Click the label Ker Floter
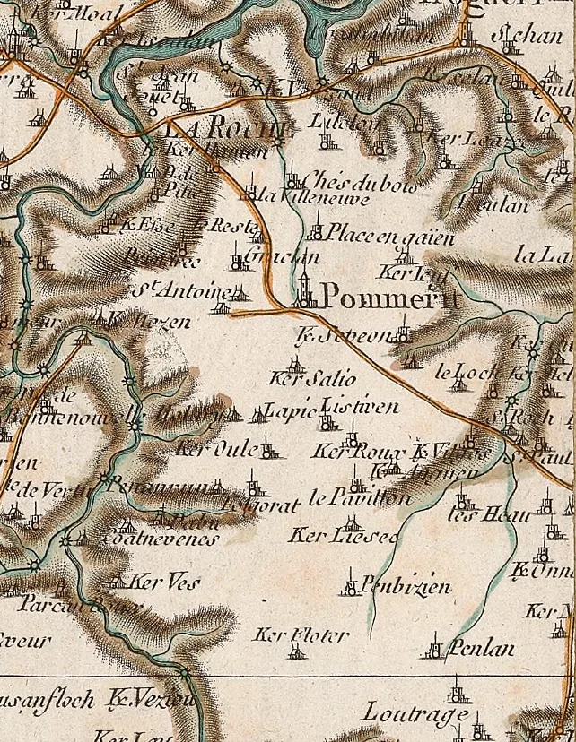(301, 635)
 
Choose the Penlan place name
(483, 647)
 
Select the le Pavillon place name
(359, 498)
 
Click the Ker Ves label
(158, 581)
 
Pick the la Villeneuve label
(312, 198)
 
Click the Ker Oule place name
(216, 448)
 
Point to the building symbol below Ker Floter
(295, 652)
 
